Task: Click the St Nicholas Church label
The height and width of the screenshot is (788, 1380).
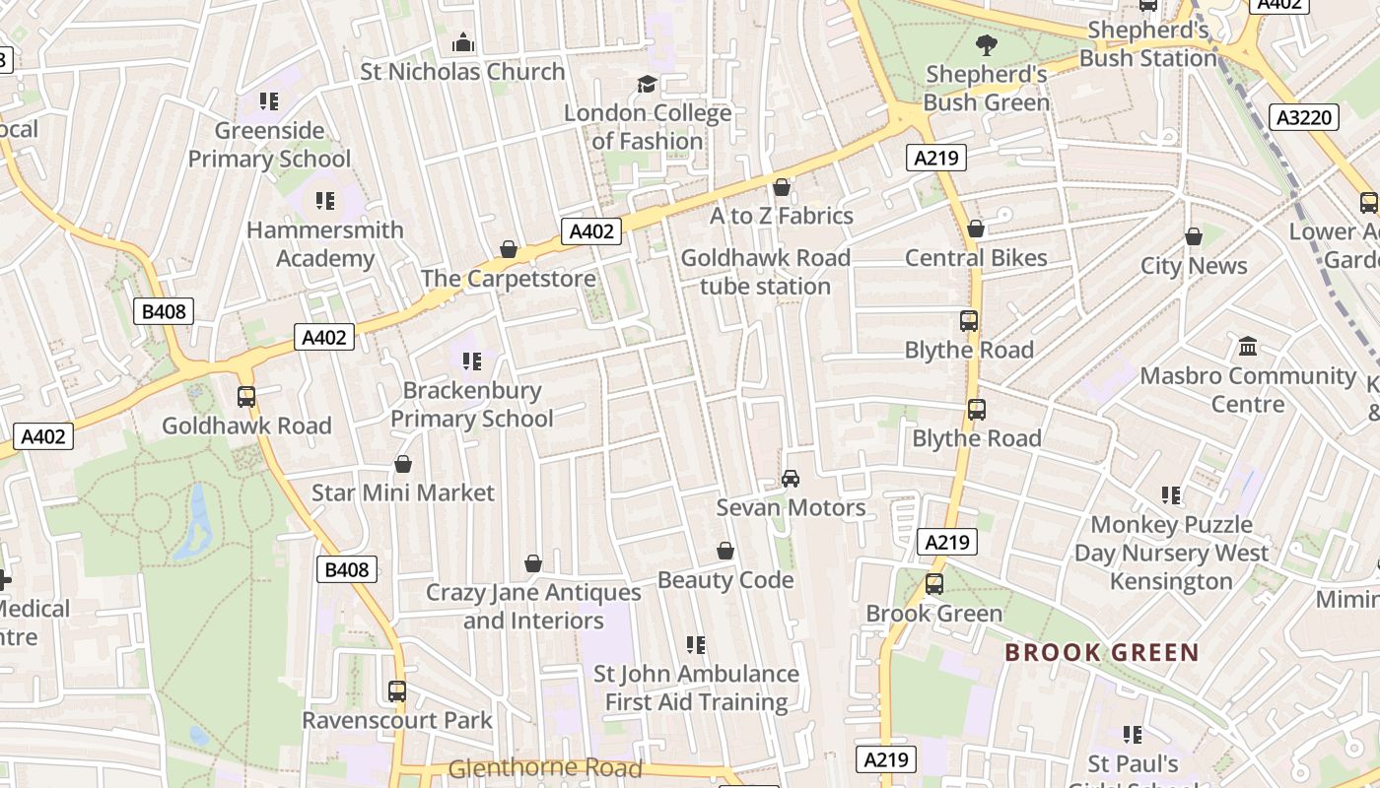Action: tap(462, 72)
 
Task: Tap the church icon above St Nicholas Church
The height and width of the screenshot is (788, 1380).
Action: tap(462, 42)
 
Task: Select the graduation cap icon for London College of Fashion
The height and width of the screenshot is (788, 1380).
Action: tap(647, 85)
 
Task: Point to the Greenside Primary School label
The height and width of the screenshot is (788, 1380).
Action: tap(269, 145)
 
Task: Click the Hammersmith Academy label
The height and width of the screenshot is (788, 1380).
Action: tap(324, 244)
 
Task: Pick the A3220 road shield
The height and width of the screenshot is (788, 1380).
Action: tap(1304, 118)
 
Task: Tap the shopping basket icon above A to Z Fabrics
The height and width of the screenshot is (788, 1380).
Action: tap(782, 187)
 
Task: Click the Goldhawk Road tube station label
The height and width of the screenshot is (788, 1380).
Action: tap(765, 272)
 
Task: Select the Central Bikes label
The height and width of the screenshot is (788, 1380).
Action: tap(976, 258)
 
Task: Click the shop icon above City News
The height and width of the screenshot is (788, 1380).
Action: tap(1193, 236)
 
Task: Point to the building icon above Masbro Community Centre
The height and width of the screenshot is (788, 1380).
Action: tap(1248, 347)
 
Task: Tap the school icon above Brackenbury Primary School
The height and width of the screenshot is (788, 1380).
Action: tap(471, 361)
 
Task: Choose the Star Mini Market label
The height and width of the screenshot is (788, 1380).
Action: tap(403, 492)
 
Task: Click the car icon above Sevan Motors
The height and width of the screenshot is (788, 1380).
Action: tap(790, 479)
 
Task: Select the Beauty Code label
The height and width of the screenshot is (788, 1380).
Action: tap(725, 580)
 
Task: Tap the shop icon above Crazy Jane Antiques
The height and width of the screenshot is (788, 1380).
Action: tap(533, 563)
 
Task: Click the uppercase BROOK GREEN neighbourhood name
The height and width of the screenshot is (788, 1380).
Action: tap(1101, 652)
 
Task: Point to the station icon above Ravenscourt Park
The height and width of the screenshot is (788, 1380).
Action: tap(396, 691)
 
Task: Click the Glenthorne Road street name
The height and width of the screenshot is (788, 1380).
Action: tap(545, 768)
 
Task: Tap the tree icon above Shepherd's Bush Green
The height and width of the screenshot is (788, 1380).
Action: tap(985, 44)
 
